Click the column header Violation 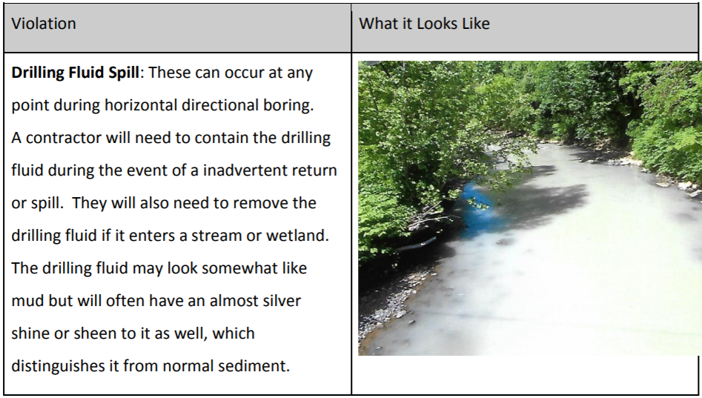click(44, 24)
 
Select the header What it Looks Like click(424, 24)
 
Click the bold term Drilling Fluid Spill click(75, 73)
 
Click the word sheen click(95, 334)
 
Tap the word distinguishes click(58, 367)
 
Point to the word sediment click(254, 366)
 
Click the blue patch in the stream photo click(477, 208)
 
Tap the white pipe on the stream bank click(417, 244)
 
